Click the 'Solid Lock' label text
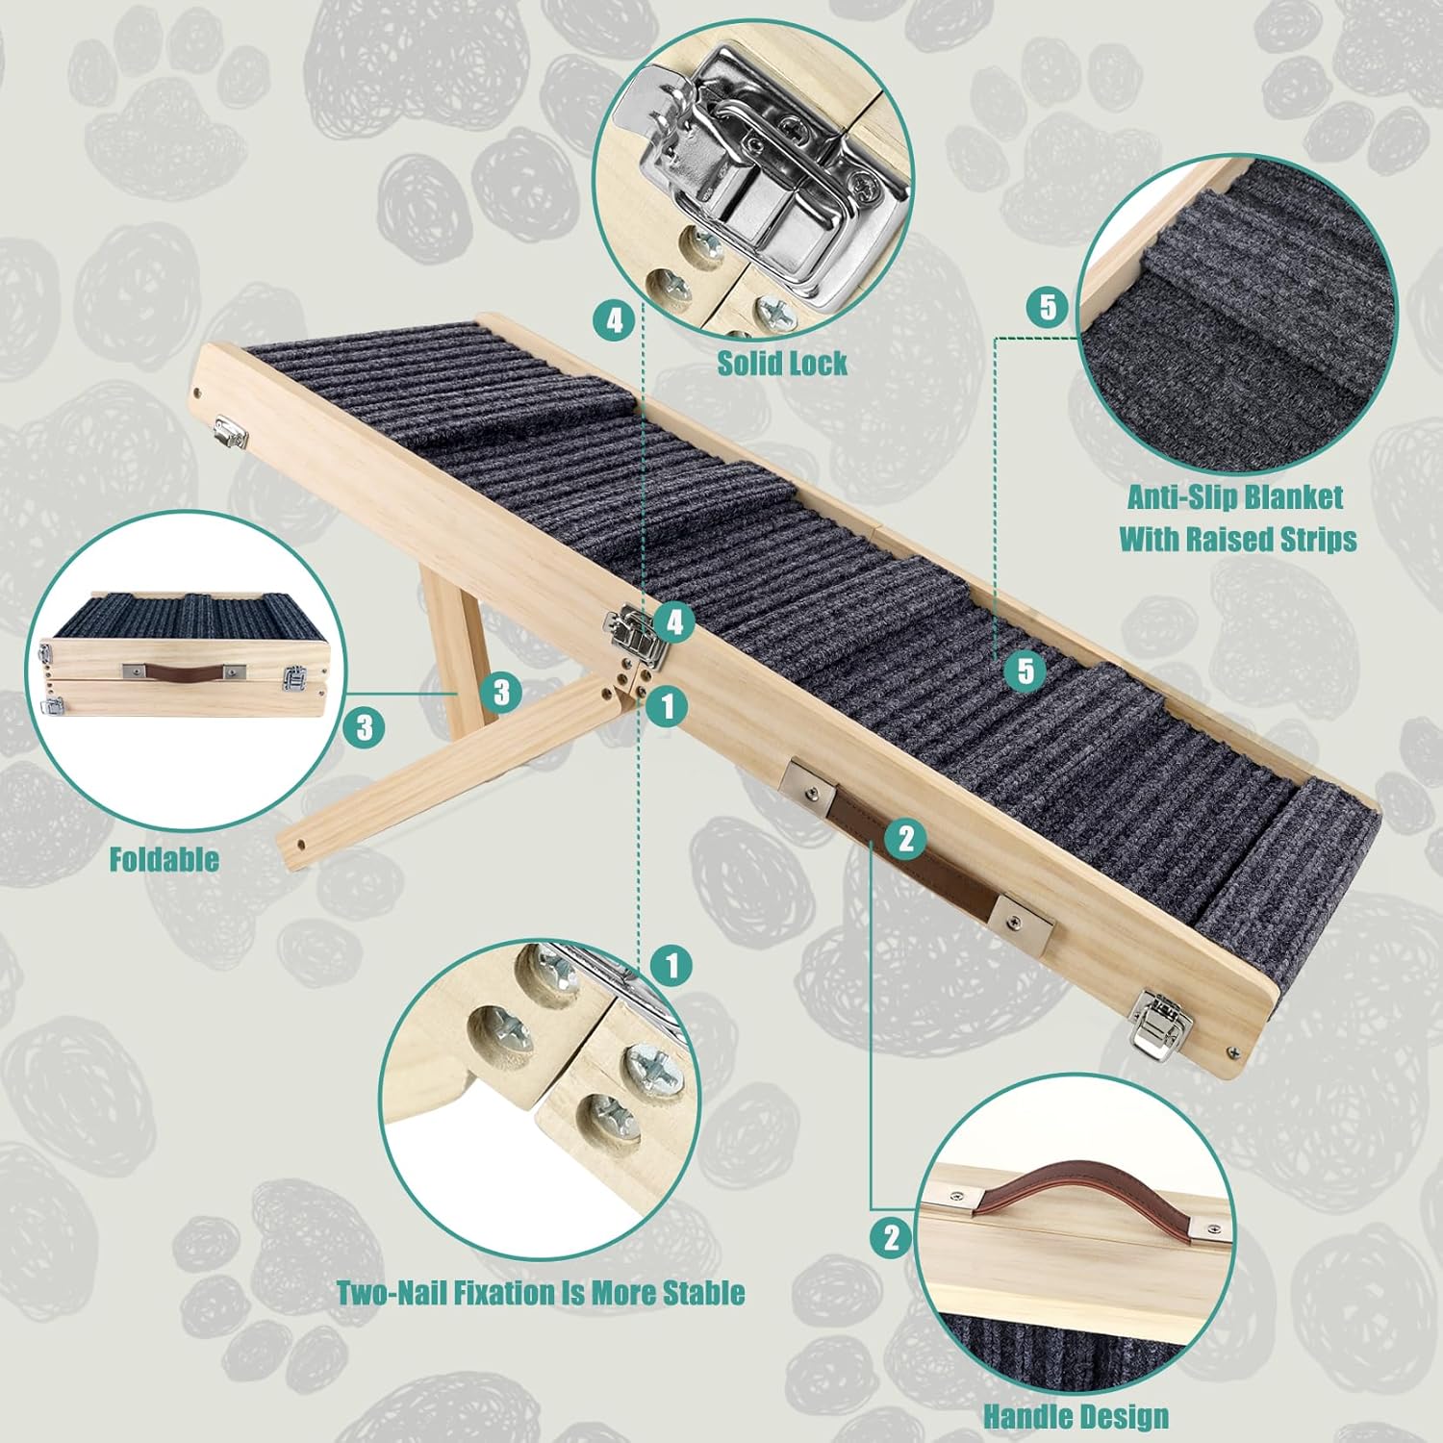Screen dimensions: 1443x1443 tap(782, 364)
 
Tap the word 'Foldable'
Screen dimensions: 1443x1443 tap(164, 859)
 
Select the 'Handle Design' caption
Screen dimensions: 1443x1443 tap(1076, 1416)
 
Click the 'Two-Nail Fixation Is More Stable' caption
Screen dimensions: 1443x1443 tap(541, 1292)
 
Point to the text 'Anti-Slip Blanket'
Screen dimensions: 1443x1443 tap(1235, 497)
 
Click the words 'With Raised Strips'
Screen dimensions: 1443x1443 tap(1237, 539)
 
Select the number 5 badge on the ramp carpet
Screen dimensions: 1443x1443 tap(1025, 670)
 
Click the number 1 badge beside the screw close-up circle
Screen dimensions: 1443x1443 tap(671, 963)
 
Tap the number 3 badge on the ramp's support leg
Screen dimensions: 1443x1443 tap(501, 691)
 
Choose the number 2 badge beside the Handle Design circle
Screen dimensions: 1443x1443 tap(891, 1237)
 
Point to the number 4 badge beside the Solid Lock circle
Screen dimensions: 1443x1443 tap(615, 320)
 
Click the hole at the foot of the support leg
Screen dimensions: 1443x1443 tap(301, 845)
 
